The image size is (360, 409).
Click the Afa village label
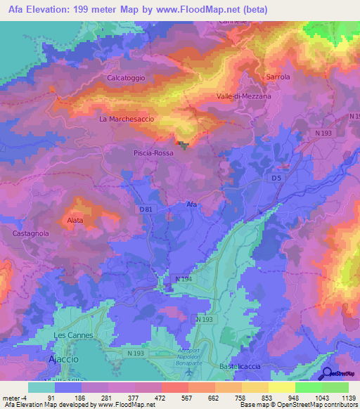click(x=192, y=204)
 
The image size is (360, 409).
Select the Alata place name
click(x=75, y=221)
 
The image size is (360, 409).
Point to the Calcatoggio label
click(x=126, y=78)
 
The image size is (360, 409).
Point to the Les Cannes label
click(x=71, y=335)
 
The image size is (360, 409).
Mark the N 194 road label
click(x=183, y=280)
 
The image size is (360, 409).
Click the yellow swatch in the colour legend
click(x=281, y=387)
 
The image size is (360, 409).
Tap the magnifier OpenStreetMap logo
click(x=326, y=374)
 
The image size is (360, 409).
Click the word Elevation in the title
click(x=55, y=10)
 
